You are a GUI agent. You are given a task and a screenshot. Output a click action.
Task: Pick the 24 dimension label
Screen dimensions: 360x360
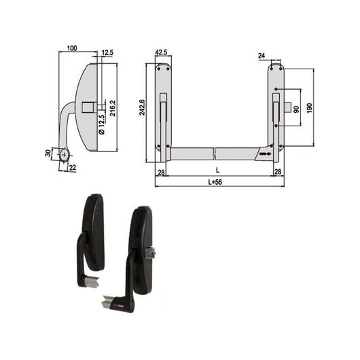pyautogui.click(x=262, y=56)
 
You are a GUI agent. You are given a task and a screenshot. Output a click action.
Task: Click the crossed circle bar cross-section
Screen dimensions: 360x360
pyautogui.click(x=65, y=154)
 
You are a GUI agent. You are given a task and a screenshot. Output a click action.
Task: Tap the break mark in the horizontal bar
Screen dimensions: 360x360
pyautogui.click(x=215, y=151)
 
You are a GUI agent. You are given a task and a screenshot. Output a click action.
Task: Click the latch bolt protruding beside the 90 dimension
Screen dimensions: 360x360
pyautogui.click(x=289, y=107)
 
